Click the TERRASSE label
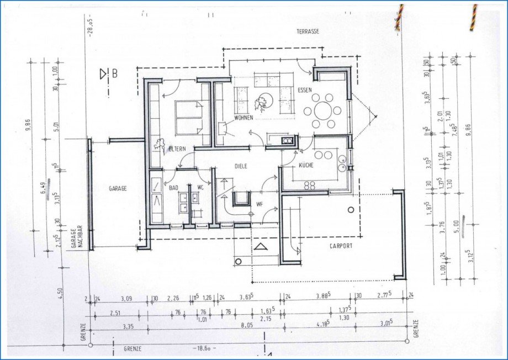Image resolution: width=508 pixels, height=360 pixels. [308, 32]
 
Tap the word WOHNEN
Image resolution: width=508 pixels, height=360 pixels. [243, 118]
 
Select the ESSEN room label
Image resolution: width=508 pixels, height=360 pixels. [305, 89]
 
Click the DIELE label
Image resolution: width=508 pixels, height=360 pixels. [240, 166]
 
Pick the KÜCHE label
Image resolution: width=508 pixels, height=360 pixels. [306, 166]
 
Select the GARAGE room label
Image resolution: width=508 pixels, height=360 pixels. [118, 188]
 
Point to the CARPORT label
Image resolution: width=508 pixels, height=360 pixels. [340, 247]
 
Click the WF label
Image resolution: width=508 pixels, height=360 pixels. [258, 204]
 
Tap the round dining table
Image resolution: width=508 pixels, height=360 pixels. [322, 110]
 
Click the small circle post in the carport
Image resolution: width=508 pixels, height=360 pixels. [351, 210]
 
